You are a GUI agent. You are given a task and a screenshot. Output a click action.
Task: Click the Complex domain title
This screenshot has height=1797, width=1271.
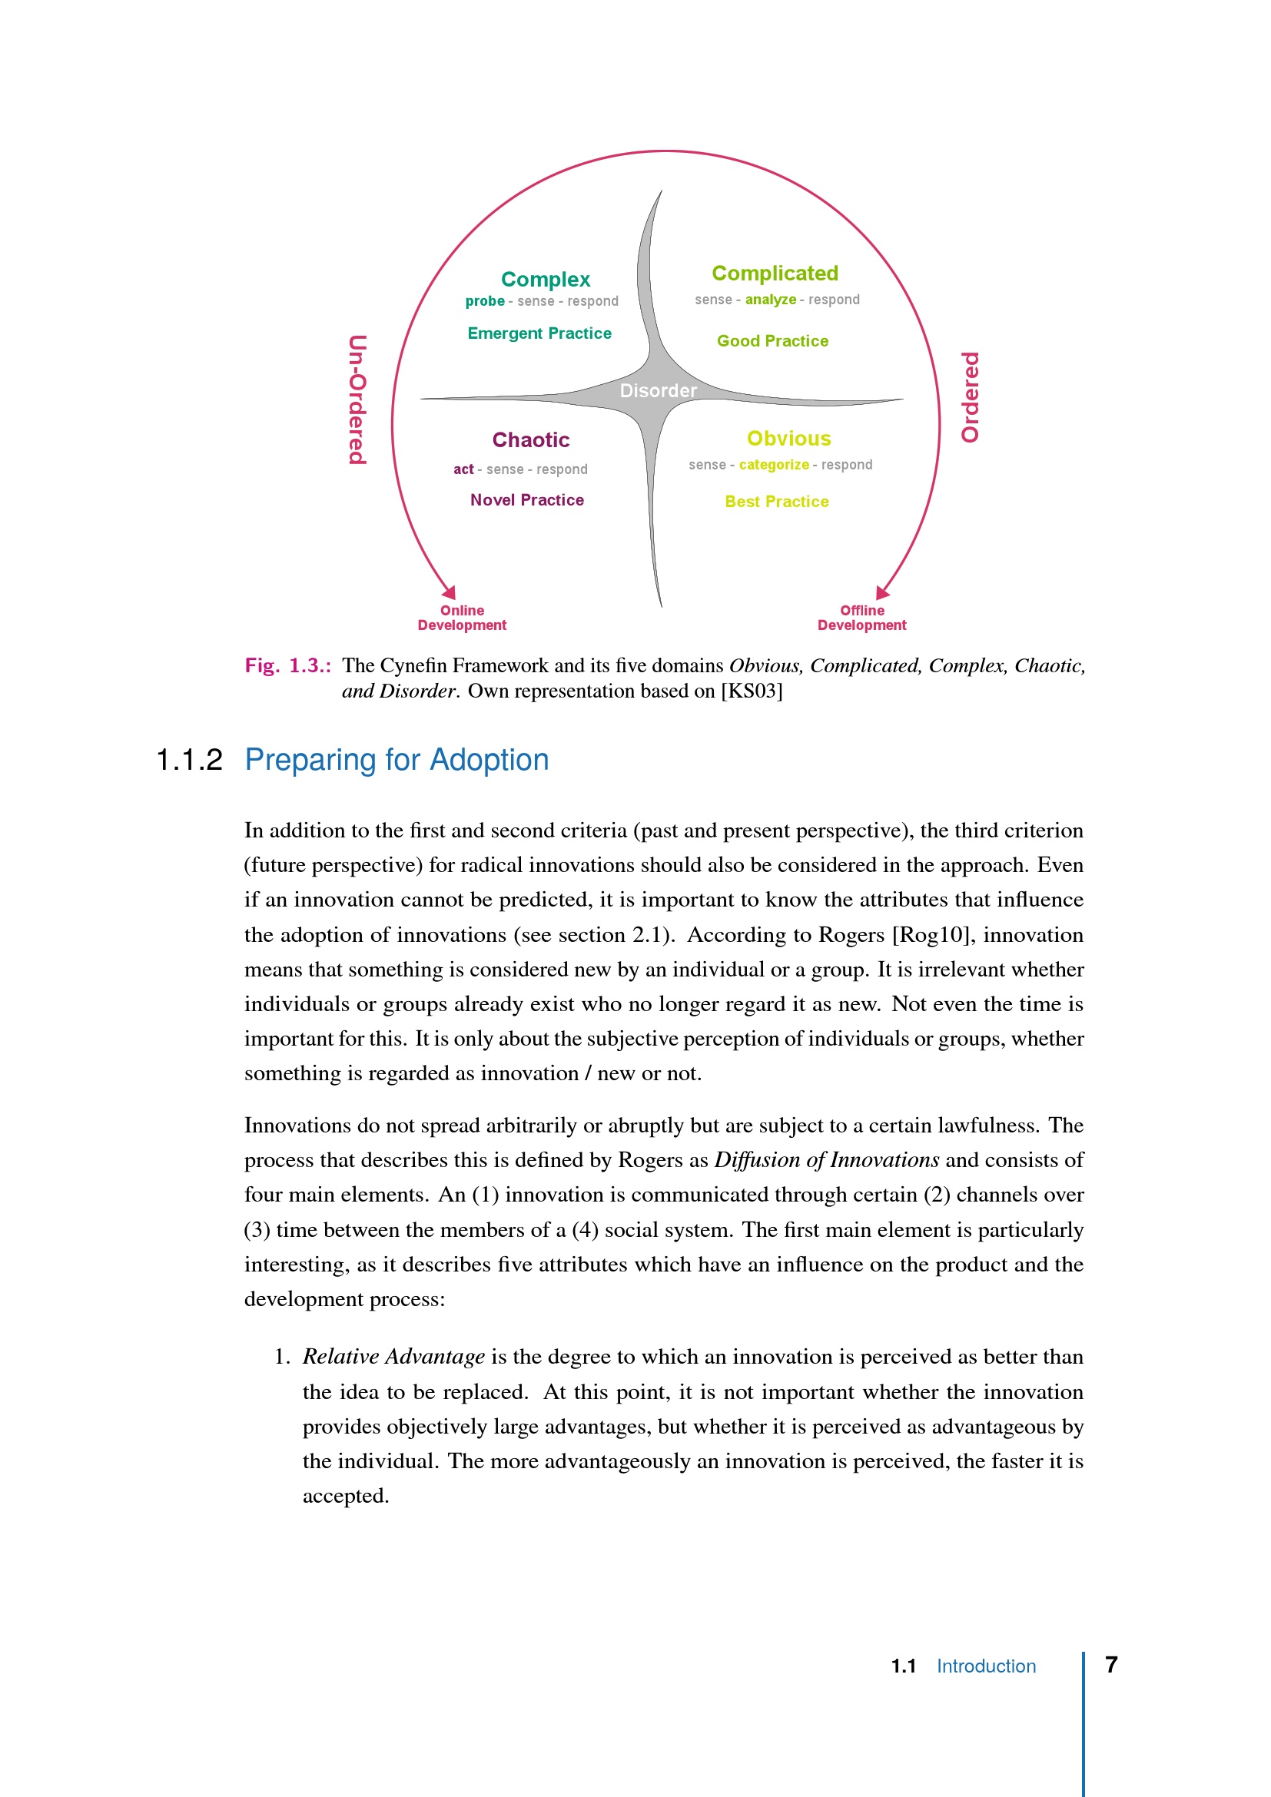click(x=546, y=280)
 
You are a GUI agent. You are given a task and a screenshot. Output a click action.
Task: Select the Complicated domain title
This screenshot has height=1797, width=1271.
click(x=775, y=274)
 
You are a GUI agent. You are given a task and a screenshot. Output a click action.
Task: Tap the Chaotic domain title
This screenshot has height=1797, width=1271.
click(x=531, y=440)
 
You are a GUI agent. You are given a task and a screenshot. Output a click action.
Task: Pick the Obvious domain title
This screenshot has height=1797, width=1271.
click(x=789, y=438)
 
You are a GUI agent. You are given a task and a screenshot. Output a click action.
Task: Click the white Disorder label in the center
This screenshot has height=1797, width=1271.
click(x=659, y=390)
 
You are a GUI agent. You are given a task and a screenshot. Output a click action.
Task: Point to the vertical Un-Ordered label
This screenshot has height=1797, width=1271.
click(x=357, y=400)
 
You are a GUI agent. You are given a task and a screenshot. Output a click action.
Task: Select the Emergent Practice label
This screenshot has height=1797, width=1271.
click(x=539, y=333)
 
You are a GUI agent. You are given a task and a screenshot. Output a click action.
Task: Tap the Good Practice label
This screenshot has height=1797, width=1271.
click(x=772, y=341)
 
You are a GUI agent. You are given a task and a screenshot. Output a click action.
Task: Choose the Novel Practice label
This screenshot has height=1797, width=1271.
click(x=526, y=500)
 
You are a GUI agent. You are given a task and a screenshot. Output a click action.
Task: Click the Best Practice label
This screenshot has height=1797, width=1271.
click(x=776, y=502)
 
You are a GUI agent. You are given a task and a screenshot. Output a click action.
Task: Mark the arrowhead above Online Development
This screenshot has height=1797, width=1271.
click(x=450, y=592)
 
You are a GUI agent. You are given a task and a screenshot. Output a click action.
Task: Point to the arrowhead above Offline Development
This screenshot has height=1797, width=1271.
click(x=882, y=592)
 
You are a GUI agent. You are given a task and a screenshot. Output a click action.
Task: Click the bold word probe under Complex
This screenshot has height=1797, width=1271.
click(x=484, y=301)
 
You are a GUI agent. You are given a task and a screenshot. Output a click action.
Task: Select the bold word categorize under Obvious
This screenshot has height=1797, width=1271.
click(x=774, y=465)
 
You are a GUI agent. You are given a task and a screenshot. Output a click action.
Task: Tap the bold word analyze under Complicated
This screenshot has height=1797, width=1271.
click(x=770, y=300)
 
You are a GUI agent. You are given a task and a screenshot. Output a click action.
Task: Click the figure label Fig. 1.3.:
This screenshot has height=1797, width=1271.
click(x=287, y=666)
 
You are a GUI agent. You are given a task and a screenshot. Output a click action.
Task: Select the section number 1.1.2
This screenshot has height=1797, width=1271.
click(x=189, y=760)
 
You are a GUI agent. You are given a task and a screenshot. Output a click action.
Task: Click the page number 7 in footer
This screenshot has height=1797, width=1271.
click(x=1110, y=1665)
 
